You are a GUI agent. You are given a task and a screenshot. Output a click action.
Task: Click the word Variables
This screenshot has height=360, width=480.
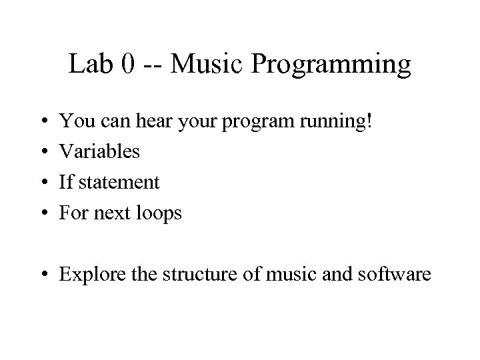(100, 152)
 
